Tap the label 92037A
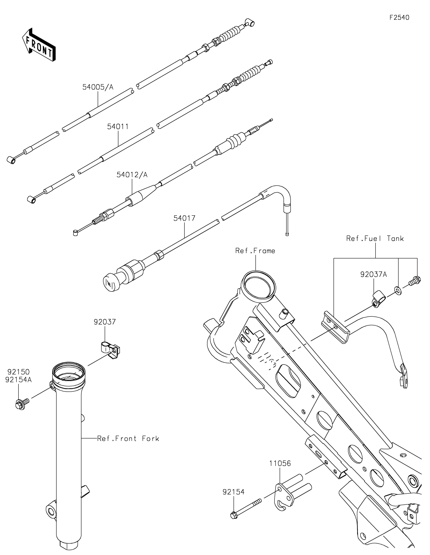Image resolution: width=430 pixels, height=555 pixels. (x=374, y=274)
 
